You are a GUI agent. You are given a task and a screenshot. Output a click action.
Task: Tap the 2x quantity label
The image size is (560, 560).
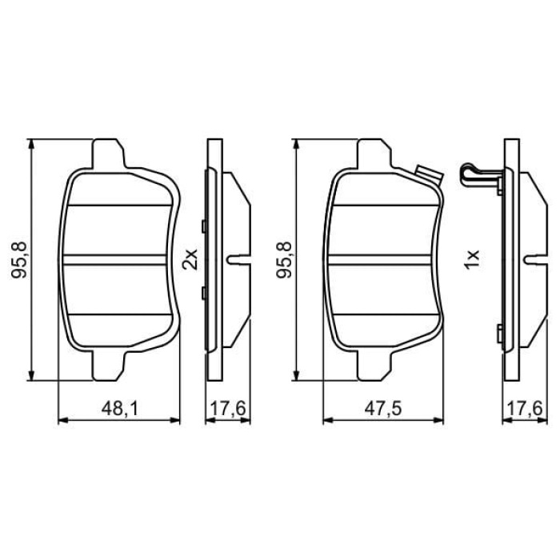point(190,258)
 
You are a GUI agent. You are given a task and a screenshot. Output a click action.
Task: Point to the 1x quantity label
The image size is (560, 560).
point(472,258)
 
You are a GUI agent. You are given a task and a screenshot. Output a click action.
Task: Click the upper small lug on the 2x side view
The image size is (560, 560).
point(205,226)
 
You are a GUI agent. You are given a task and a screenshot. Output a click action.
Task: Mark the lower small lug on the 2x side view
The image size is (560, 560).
point(205,292)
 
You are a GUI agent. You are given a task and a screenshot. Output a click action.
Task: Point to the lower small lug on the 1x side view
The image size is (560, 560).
point(500,331)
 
